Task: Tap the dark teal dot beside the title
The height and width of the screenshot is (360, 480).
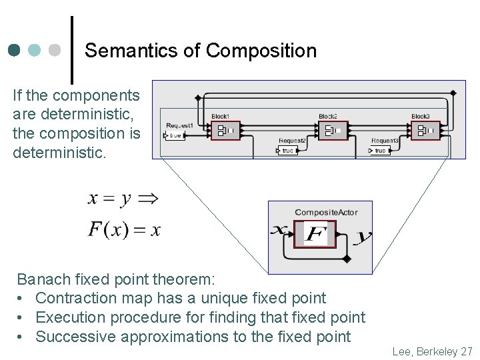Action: tap(15, 50)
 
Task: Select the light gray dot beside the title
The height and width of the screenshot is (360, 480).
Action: tap(55, 50)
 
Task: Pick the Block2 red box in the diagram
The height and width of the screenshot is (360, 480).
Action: tap(332, 130)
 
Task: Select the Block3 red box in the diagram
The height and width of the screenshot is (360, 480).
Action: tap(425, 130)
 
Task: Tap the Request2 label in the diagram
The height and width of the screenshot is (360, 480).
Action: tap(292, 141)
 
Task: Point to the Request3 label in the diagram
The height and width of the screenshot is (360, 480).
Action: tap(385, 141)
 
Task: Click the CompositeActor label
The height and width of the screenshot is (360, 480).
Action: tap(326, 213)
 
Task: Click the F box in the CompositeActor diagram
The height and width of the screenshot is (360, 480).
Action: tap(315, 233)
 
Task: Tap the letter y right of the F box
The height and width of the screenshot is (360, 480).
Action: tap(364, 236)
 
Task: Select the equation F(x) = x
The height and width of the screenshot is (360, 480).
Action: tap(124, 230)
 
